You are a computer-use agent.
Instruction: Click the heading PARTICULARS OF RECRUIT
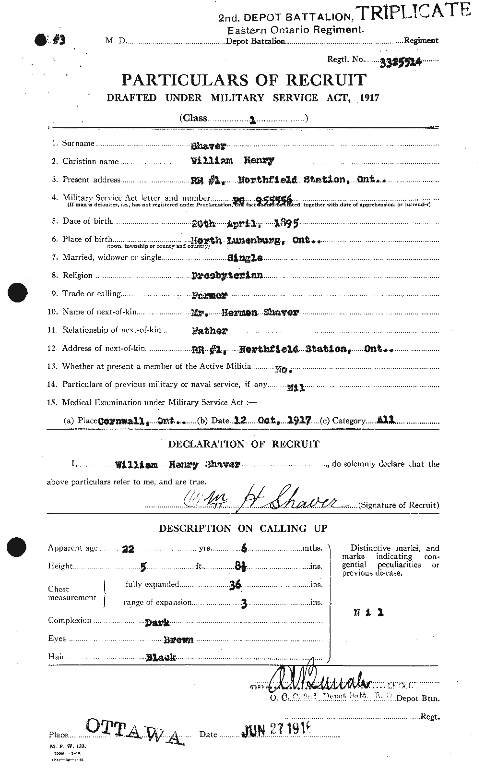(x=244, y=80)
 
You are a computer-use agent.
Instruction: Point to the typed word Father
(x=209, y=331)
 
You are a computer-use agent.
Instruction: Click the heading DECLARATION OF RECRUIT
(x=243, y=444)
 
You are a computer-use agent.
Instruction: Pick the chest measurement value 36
(x=234, y=584)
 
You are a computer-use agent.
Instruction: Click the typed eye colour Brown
(x=178, y=639)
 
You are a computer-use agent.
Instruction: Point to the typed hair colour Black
(x=160, y=658)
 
